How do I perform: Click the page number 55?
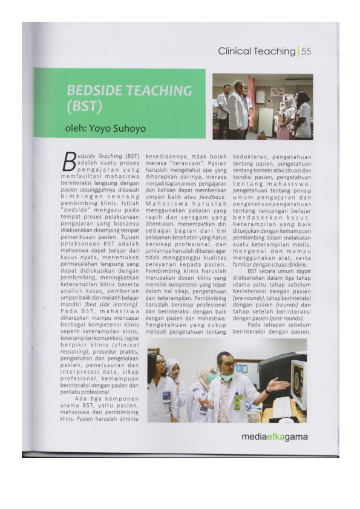coord(306,51)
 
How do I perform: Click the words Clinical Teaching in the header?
coord(257,51)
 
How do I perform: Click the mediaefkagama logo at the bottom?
coord(274,436)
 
